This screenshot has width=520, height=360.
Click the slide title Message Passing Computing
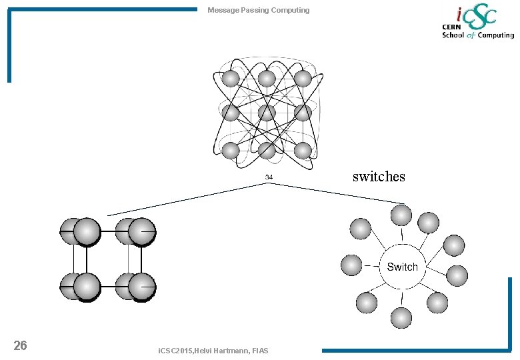coord(258,10)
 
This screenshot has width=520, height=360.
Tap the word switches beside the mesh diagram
coord(378,177)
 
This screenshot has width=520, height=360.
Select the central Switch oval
coord(402,267)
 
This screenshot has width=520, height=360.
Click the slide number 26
coord(21,345)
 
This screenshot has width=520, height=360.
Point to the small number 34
coord(269,177)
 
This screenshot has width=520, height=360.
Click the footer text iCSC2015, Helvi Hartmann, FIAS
coord(213,351)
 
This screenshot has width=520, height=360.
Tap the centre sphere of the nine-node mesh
coord(267,113)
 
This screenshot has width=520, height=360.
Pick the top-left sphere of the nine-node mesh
coord(231,79)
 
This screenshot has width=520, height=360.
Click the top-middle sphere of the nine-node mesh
coord(267,79)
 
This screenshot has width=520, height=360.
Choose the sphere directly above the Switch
coord(401,215)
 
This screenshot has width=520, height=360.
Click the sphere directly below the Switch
coord(401,317)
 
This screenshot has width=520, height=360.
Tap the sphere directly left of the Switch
coord(351,265)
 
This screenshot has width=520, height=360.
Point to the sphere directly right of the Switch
coord(457,275)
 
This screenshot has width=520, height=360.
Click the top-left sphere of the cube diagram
coord(72,231)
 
